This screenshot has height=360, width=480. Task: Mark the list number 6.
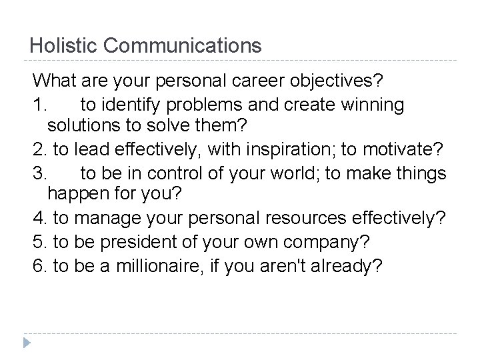pyautogui.click(x=38, y=265)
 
